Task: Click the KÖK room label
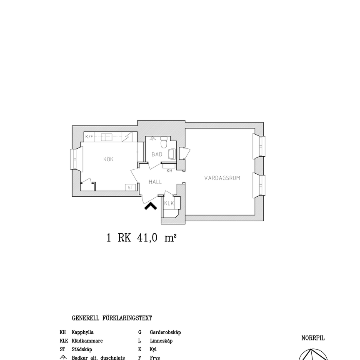click(x=108, y=159)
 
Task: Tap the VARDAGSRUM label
click(x=222, y=178)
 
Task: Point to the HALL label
click(x=155, y=182)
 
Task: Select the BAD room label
click(x=157, y=154)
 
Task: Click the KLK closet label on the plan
click(x=169, y=203)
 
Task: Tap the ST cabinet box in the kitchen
click(x=130, y=187)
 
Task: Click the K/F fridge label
click(x=89, y=137)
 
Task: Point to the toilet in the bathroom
click(x=164, y=142)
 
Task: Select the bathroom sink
click(x=172, y=154)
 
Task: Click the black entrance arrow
click(x=150, y=206)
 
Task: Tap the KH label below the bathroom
click(x=170, y=170)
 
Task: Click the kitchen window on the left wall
click(x=75, y=160)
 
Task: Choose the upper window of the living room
click(x=260, y=146)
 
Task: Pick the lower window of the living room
click(x=260, y=185)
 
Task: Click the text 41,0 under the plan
click(x=147, y=238)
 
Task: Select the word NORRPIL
click(x=313, y=338)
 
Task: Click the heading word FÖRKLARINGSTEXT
click(x=127, y=318)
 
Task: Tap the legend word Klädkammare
click(x=87, y=341)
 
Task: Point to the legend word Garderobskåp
click(x=165, y=332)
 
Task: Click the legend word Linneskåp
click(x=161, y=341)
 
